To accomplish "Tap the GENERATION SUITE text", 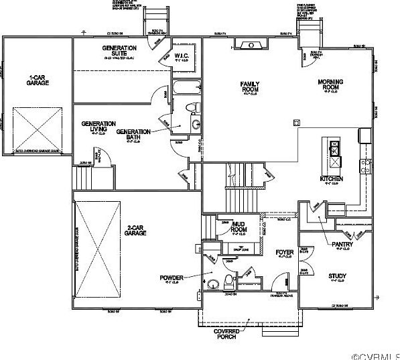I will (x=119, y=51).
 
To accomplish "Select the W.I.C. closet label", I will (x=181, y=55).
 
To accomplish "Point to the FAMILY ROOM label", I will (x=250, y=86).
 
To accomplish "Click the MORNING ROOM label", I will (x=330, y=85).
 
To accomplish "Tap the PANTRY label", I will (x=342, y=245).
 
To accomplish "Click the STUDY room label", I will (x=336, y=276).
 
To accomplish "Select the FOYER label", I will (x=285, y=252).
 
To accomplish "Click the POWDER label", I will (x=171, y=277).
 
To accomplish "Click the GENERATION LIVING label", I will (x=98, y=127).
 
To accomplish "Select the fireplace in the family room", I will (x=249, y=44).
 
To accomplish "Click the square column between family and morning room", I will (x=295, y=122).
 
